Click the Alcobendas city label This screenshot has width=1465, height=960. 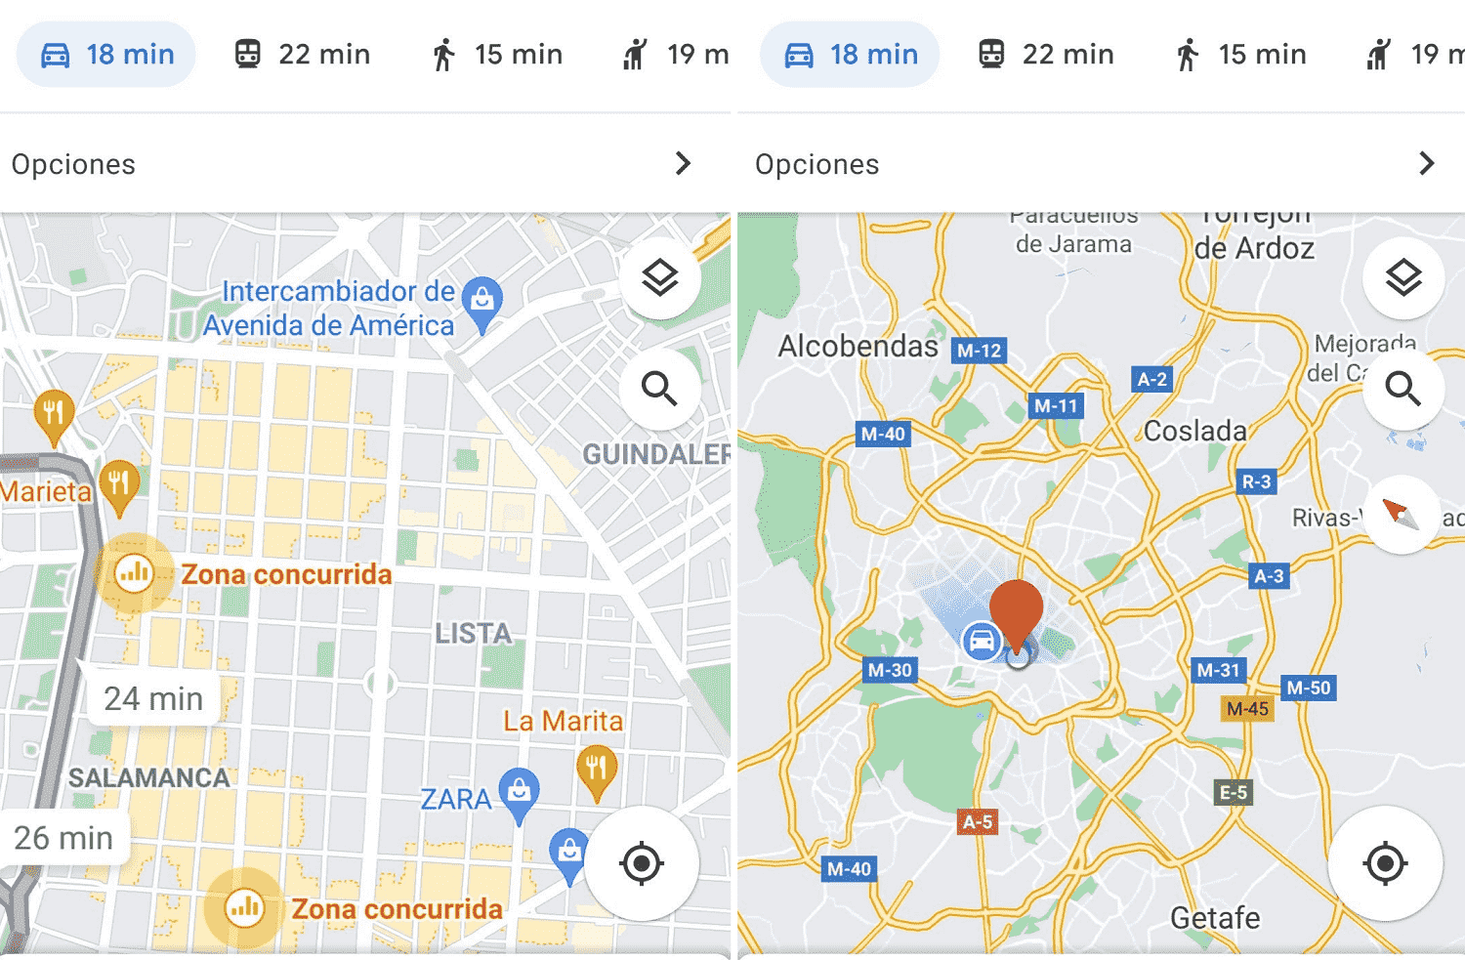858,346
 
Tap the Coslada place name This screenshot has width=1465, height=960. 1194,431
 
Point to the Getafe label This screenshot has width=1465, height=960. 1215,918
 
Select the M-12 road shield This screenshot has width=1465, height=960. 979,351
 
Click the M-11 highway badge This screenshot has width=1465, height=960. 1056,405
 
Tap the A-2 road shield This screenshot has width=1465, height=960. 1151,379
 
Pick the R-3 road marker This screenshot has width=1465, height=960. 1256,481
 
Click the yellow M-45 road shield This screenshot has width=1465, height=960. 1247,708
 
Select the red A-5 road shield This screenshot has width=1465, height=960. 978,821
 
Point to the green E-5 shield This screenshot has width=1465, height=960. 1234,792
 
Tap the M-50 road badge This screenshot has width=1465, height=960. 1308,688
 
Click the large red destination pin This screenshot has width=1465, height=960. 1017,609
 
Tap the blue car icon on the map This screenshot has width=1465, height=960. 981,641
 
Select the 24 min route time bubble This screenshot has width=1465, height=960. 153,698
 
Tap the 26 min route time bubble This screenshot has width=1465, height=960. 63,837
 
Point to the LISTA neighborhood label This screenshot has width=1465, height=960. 474,634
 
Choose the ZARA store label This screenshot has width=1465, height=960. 455,799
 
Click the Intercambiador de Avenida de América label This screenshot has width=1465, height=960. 329,308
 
